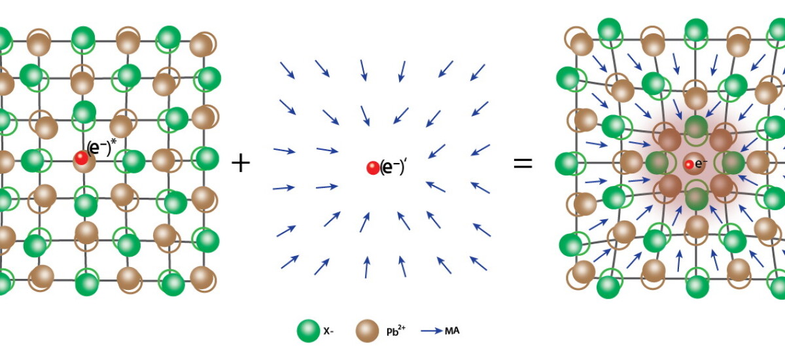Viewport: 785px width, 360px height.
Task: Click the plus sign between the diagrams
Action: (x=241, y=163)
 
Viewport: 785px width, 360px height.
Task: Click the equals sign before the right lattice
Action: (x=522, y=163)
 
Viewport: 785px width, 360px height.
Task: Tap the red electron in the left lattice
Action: (x=81, y=158)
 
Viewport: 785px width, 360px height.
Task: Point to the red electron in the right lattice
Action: (x=689, y=164)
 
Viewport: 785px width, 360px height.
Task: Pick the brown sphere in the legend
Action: (x=368, y=331)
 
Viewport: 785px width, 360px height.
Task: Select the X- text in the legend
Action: (x=330, y=331)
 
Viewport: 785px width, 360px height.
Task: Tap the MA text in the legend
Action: (x=452, y=331)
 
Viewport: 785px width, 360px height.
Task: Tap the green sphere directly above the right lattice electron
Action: (x=696, y=126)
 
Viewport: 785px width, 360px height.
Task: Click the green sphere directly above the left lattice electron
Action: (x=84, y=111)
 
